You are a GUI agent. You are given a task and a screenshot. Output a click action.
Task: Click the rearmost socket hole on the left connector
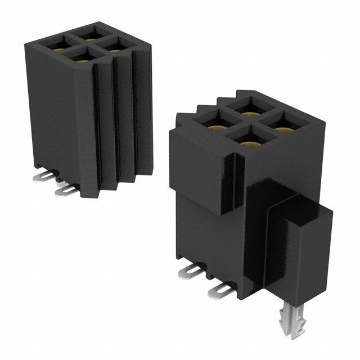coord(89,33)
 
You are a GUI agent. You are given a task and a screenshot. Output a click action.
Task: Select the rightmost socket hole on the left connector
coord(114,45)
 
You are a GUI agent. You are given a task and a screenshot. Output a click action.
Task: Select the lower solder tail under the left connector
coord(66,191)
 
